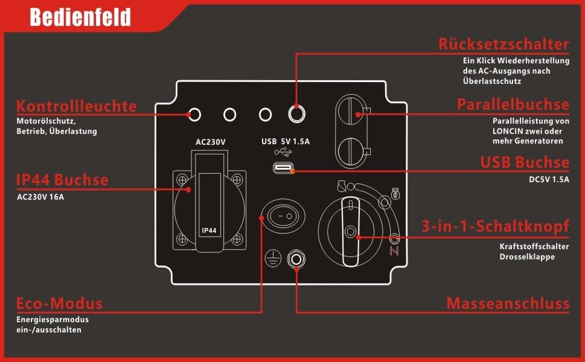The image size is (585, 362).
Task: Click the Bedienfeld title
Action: (x=80, y=18)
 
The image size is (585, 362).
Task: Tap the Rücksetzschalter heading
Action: (x=503, y=44)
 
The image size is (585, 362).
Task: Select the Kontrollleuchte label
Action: (x=77, y=107)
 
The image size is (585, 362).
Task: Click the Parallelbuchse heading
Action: (x=513, y=104)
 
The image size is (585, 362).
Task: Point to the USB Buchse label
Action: (x=525, y=162)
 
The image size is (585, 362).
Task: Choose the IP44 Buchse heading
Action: (x=63, y=180)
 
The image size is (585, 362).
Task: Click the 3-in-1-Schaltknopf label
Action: (x=496, y=227)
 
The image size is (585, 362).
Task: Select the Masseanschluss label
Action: (x=508, y=303)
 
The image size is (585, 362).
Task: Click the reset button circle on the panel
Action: (x=296, y=113)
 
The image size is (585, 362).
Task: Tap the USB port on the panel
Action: (x=283, y=169)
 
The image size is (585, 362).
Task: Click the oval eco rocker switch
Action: (x=282, y=214)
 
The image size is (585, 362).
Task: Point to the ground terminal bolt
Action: (x=296, y=259)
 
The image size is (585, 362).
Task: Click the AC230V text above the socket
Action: (x=211, y=142)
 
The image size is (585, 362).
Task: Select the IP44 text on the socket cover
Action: (x=210, y=230)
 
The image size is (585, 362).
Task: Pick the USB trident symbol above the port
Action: (x=282, y=153)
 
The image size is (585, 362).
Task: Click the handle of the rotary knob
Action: (x=350, y=230)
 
